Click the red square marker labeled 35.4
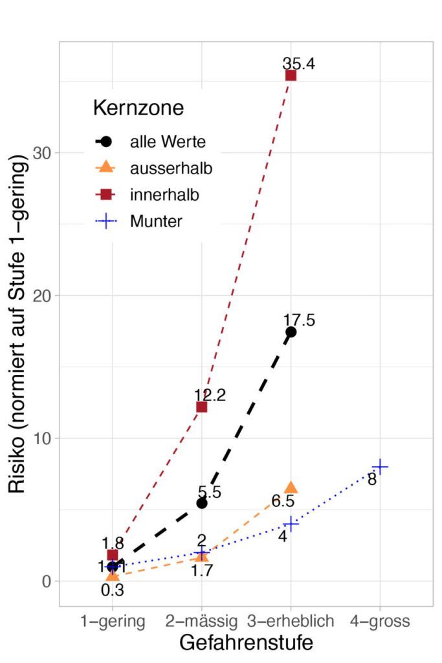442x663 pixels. coord(291,75)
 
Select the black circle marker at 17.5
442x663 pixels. coord(291,332)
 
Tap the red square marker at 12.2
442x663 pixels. coord(201,407)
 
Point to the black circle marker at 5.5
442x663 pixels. coord(201,503)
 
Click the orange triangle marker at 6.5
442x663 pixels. coord(291,488)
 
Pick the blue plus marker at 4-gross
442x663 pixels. coord(380,466)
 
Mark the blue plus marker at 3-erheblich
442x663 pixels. coord(291,524)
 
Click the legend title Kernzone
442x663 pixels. coord(138,107)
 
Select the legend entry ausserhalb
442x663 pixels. coord(171,168)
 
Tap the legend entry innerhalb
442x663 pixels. coord(164,195)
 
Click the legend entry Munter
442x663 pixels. coord(156,221)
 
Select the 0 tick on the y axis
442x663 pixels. coord(47,581)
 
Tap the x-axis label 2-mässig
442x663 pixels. coord(201,621)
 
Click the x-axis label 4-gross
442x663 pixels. coord(380,621)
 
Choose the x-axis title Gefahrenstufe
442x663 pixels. coord(246,643)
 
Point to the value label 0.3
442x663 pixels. coord(113,590)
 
